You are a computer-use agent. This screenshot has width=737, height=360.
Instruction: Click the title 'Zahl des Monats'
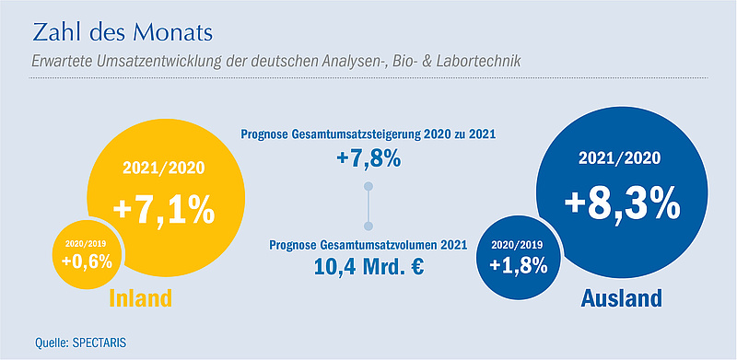pyautogui.click(x=123, y=33)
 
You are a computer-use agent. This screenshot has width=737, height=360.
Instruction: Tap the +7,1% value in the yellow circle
pyautogui.click(x=164, y=210)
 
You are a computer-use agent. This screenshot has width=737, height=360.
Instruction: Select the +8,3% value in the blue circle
pyautogui.click(x=623, y=203)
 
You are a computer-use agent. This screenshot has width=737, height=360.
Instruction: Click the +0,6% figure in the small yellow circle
pyautogui.click(x=88, y=261)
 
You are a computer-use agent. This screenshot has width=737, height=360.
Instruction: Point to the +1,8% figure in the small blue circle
pyautogui.click(x=519, y=265)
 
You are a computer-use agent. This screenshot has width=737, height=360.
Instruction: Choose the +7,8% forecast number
pyautogui.click(x=368, y=158)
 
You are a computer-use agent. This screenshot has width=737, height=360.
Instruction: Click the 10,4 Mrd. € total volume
pyautogui.click(x=369, y=266)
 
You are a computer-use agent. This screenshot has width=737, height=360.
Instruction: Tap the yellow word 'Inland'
pyautogui.click(x=141, y=297)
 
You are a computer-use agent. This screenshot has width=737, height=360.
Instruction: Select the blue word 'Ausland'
pyautogui.click(x=621, y=297)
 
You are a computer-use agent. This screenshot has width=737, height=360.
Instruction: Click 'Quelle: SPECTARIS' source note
pyautogui.click(x=81, y=343)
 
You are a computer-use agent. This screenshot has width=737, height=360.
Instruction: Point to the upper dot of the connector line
pyautogui.click(x=369, y=186)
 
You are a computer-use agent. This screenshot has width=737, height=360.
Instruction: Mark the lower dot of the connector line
pyautogui.click(x=369, y=226)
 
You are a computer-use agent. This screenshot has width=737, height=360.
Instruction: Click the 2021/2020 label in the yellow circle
pyautogui.click(x=164, y=168)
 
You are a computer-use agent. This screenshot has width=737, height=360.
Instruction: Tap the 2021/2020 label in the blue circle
pyautogui.click(x=619, y=158)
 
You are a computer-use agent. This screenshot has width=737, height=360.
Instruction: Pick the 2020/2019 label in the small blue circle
pyautogui.click(x=518, y=245)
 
